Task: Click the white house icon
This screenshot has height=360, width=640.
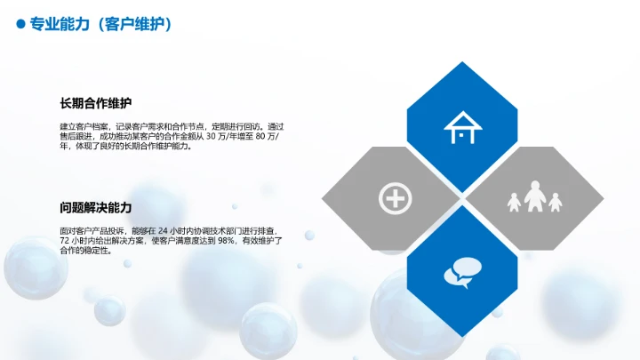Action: coord(461,127)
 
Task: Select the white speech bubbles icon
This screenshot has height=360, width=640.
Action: coord(461,271)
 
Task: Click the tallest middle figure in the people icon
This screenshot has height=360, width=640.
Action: coord(534,196)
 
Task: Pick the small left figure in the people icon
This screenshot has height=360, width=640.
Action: coord(514,203)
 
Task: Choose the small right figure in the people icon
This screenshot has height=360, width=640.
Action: coord(556,203)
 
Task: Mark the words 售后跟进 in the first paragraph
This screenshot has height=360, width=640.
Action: coord(75,137)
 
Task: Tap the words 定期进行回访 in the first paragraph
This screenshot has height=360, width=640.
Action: coord(244,127)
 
